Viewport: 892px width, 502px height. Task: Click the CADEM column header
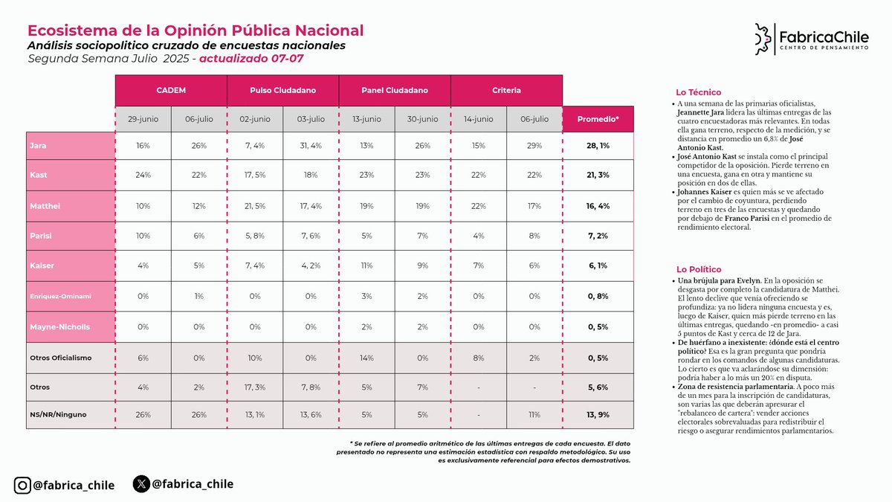(x=171, y=90)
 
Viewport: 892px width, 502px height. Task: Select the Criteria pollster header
(x=506, y=90)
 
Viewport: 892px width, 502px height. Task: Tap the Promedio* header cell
(x=598, y=119)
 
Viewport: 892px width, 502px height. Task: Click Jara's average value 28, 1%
(x=598, y=146)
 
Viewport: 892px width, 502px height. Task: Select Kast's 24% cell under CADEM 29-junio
(x=143, y=176)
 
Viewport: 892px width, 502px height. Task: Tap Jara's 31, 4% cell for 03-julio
(x=311, y=146)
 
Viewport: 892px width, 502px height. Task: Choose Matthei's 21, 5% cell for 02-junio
(x=255, y=206)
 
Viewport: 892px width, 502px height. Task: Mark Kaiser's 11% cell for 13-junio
(x=366, y=266)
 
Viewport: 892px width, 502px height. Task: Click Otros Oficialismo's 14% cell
(x=366, y=358)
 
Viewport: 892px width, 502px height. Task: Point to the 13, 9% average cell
(x=598, y=414)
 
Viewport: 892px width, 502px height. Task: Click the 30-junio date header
(x=422, y=119)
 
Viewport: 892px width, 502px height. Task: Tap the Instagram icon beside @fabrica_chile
(x=22, y=486)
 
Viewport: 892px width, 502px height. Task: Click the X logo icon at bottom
(x=141, y=484)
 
